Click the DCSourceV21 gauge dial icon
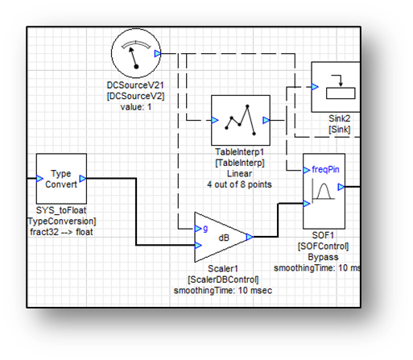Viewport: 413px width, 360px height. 136,53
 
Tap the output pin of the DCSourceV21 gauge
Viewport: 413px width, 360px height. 158,54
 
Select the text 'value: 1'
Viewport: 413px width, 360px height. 136,107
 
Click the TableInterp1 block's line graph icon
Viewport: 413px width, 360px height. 240,120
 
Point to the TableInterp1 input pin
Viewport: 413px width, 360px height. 215,120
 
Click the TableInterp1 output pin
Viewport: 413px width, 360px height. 266,120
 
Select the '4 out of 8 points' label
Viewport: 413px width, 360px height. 239,184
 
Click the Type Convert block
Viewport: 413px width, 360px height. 61,179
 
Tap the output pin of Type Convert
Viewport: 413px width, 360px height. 83,179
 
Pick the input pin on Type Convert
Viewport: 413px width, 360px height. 39,179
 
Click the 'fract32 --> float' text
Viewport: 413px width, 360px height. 61,232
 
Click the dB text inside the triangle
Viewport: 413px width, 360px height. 224,238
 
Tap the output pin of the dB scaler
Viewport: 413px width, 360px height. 250,237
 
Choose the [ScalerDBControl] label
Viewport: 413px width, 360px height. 223,279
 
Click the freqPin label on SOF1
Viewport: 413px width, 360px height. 325,169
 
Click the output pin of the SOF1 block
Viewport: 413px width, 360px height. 341,187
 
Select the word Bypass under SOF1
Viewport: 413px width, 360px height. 323,257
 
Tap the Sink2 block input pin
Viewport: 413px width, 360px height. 315,87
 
